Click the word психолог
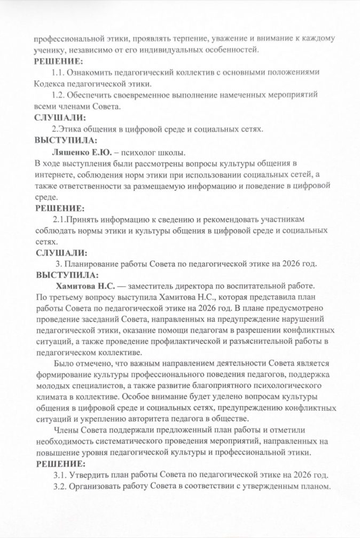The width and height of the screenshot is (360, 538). tap(138, 153)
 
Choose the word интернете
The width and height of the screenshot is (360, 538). tap(54, 175)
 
